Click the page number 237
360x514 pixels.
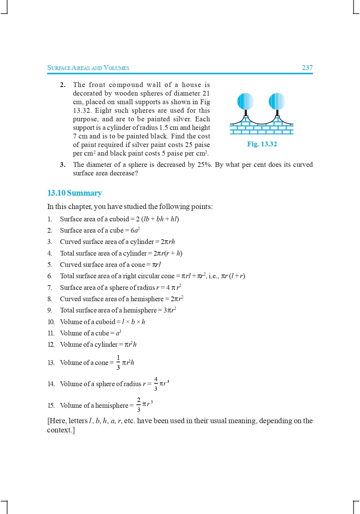click(307, 68)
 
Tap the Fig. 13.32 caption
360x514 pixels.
click(262, 144)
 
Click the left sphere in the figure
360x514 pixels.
click(245, 101)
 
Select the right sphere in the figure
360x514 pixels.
click(277, 101)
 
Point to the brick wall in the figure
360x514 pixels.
click(262, 127)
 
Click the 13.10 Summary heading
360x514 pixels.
click(74, 193)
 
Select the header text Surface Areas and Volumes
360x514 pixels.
click(88, 68)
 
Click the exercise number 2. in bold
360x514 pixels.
click(63, 85)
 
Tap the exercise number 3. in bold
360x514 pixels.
click(63, 164)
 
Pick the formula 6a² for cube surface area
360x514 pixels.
click(135, 230)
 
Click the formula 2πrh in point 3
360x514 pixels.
click(168, 242)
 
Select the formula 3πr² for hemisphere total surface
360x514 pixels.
click(170, 310)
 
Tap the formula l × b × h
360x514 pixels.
click(134, 322)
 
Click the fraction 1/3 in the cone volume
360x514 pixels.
click(118, 362)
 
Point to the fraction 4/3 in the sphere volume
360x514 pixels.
click(156, 383)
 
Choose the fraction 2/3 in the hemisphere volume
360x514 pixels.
click(139, 405)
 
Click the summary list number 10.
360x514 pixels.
click(51, 322)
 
